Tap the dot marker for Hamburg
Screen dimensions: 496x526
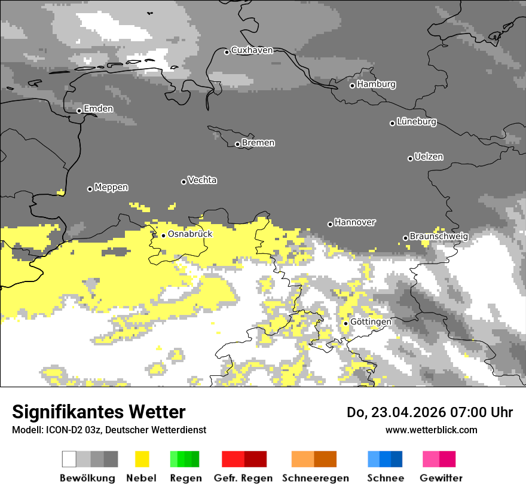pyautogui.click(x=352, y=85)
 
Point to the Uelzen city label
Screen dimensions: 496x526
pyautogui.click(x=429, y=157)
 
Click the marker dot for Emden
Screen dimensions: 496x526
pyautogui.click(x=79, y=111)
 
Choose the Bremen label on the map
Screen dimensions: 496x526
pyautogui.click(x=258, y=143)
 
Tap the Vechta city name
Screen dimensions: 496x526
pyautogui.click(x=202, y=180)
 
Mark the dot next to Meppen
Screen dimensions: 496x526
pyautogui.click(x=90, y=189)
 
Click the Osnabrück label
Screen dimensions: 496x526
pyautogui.click(x=190, y=234)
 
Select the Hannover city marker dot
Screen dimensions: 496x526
pyautogui.click(x=330, y=224)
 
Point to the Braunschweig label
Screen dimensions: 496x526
pyautogui.click(x=439, y=237)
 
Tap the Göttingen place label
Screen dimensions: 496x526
pyautogui.click(x=371, y=322)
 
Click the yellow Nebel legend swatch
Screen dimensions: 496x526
pyautogui.click(x=142, y=459)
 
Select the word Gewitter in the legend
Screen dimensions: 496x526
pyautogui.click(x=441, y=478)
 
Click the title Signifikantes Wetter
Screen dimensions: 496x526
pyautogui.click(x=99, y=412)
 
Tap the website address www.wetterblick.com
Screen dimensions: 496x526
pyautogui.click(x=431, y=430)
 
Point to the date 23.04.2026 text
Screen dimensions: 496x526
pyautogui.click(x=408, y=412)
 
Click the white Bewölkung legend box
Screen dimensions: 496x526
pyautogui.click(x=69, y=459)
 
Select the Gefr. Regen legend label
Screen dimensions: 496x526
pyautogui.click(x=243, y=478)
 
